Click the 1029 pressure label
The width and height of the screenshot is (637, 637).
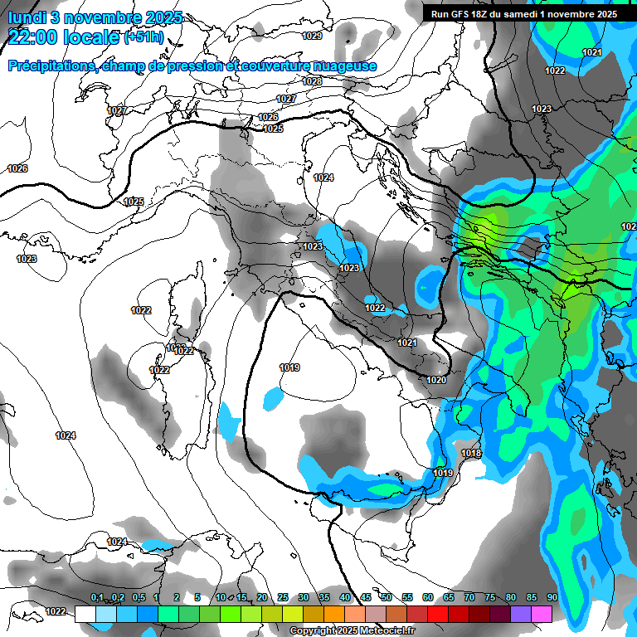[312, 36]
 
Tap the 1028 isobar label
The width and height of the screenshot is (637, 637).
[312, 81]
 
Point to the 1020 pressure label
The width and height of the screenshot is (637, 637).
[436, 380]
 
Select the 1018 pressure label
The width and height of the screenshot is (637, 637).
[471, 454]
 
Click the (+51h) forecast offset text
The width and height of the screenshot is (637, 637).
[143, 37]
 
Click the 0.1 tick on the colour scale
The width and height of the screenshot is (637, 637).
[97, 598]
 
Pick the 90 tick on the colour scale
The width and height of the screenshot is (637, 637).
[552, 598]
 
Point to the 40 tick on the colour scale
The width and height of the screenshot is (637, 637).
[345, 598]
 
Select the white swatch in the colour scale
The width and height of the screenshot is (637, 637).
[85, 614]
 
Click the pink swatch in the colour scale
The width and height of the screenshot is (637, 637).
[542, 614]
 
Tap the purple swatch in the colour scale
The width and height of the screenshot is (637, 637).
[522, 614]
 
